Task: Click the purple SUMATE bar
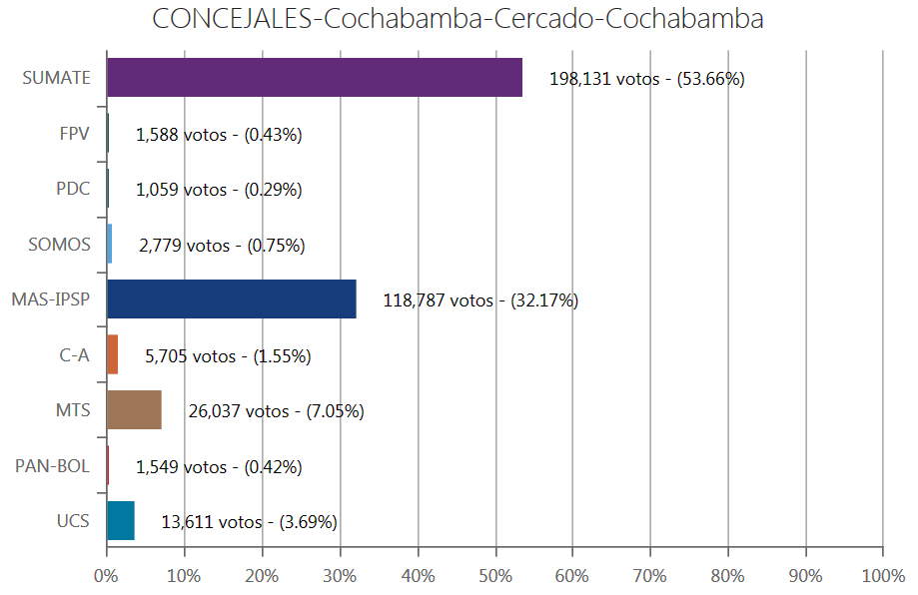click(x=315, y=78)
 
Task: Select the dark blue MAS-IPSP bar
click(x=231, y=299)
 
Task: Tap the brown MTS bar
click(x=134, y=410)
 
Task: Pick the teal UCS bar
click(x=120, y=521)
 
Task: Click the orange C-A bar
click(x=112, y=355)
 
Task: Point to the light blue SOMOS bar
click(x=109, y=245)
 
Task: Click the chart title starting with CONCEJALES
click(x=459, y=20)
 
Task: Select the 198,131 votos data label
click(x=646, y=79)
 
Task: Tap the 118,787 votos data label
click(x=480, y=300)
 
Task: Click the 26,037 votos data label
click(x=276, y=411)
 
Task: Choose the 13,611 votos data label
click(x=249, y=522)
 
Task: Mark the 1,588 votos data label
click(x=219, y=135)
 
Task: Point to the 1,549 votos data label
click(x=219, y=467)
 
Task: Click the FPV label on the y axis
click(x=74, y=134)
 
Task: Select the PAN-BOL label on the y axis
click(x=53, y=466)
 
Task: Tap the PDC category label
click(x=73, y=189)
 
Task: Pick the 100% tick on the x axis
click(x=883, y=576)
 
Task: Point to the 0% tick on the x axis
click(x=106, y=576)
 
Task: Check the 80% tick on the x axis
click(x=727, y=576)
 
